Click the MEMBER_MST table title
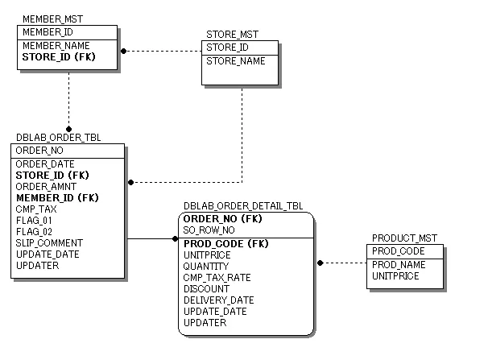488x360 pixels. coord(52,19)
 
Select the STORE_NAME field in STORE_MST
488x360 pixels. coord(236,61)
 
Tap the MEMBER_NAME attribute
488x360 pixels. coord(56,46)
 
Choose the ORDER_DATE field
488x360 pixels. coord(45,164)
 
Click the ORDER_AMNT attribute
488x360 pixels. coord(47,187)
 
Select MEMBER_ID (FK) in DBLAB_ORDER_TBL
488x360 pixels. coord(57,198)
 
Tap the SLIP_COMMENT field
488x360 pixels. coord(49,243)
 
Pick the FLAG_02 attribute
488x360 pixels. coord(34,232)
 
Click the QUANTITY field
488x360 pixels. coord(206,267)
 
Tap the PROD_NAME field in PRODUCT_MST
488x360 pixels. coord(398,265)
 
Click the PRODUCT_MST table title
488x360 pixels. coord(404,238)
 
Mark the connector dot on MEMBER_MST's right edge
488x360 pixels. coord(123,51)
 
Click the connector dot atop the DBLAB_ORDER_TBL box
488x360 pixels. coord(68,129)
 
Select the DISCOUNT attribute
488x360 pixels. coord(206,289)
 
